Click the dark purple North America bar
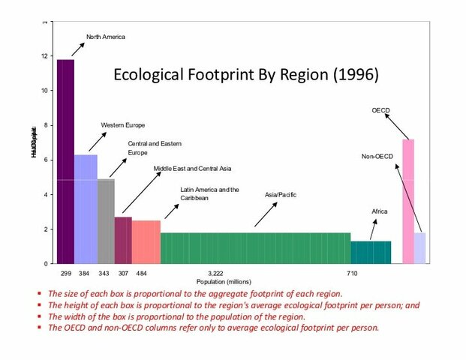coord(65,161)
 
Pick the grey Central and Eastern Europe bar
coord(106,221)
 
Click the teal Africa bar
coord(371,252)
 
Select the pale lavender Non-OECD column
coord(420,248)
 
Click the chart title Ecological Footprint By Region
coord(245,75)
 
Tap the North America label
coord(106,37)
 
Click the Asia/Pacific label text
coord(281,195)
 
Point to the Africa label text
coord(380,212)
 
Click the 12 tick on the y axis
coord(44,56)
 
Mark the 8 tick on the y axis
coord(44,125)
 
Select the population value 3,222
coord(215,274)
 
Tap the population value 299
coord(65,274)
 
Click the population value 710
coord(352,274)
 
